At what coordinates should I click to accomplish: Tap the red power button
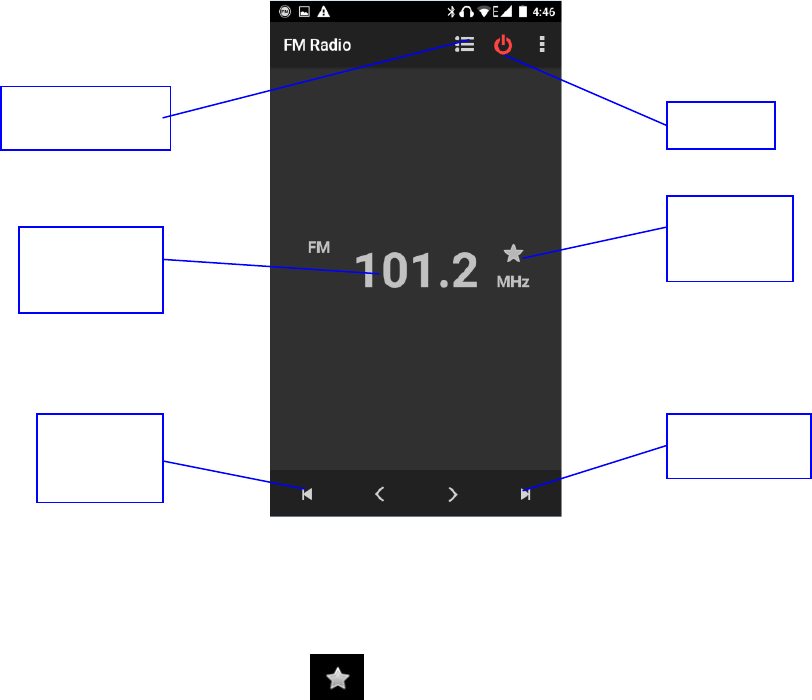point(503,45)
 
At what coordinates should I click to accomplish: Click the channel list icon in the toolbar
point(464,45)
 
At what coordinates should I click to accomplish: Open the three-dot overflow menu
point(543,45)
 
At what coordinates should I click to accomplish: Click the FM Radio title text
point(317,46)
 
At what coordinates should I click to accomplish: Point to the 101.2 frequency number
point(418,270)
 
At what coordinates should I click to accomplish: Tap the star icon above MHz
point(513,254)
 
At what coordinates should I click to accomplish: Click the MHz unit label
point(513,283)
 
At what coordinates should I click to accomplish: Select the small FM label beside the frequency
point(319,247)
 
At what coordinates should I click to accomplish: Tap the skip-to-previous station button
point(307,493)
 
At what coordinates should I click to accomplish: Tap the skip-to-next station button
point(525,493)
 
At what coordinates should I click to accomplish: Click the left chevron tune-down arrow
point(380,493)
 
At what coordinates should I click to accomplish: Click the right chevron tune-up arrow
point(453,493)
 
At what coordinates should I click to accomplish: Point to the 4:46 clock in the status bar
point(545,12)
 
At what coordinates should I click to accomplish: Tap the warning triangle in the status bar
point(324,12)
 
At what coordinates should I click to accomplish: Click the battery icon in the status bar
point(521,12)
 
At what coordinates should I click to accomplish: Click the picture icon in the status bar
point(304,12)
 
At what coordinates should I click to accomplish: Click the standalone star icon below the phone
point(338,679)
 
